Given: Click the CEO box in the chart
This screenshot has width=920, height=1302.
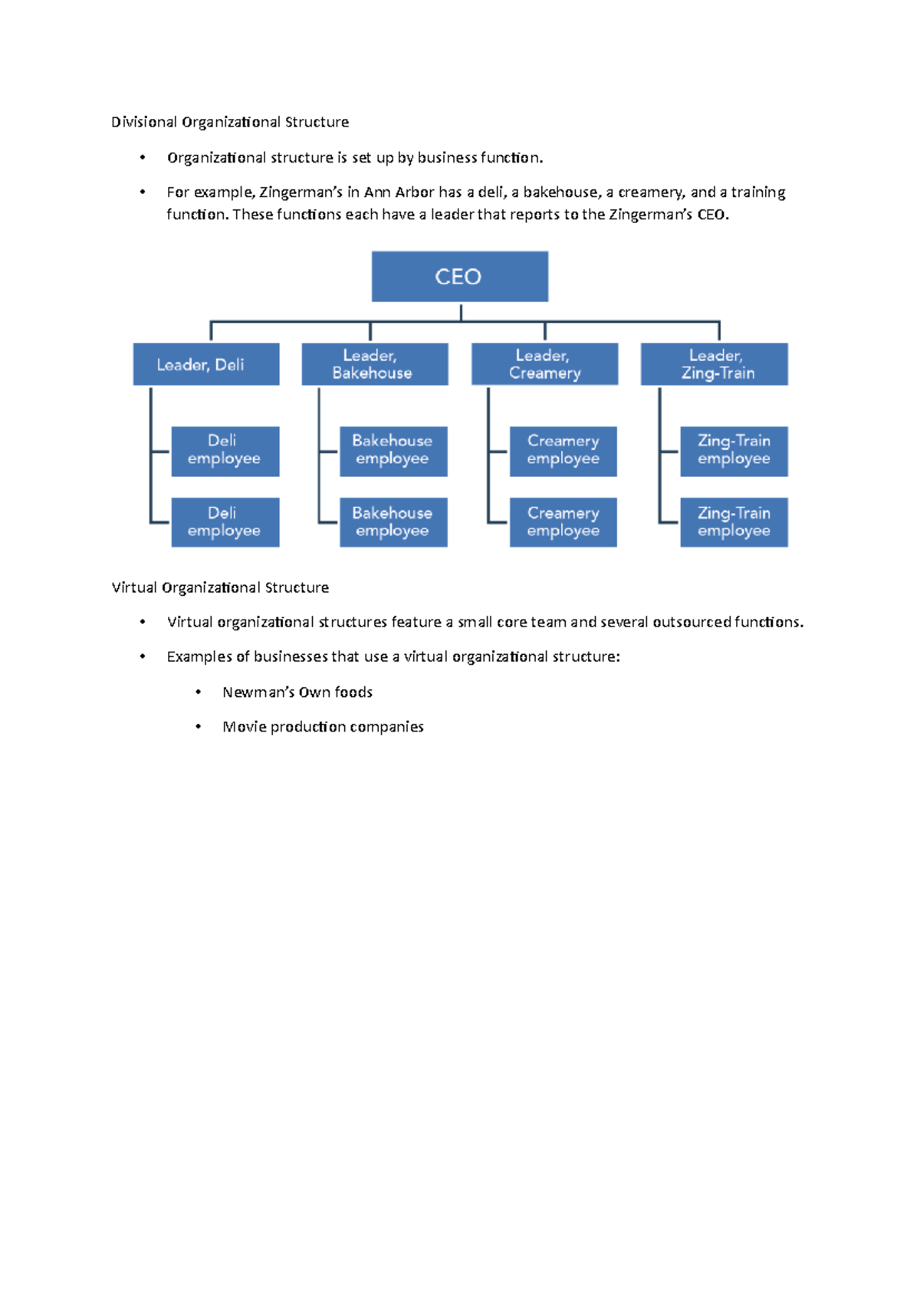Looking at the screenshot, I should (459, 276).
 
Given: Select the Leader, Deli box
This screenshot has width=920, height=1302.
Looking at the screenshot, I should (205, 364).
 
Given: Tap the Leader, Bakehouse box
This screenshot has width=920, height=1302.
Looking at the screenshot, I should (374, 364).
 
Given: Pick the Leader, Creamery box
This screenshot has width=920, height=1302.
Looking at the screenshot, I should (544, 364).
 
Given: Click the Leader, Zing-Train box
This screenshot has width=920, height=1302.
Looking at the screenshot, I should (714, 364).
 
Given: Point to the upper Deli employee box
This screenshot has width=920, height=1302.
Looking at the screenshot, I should (225, 451).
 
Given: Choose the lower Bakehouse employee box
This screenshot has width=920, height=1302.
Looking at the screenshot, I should (393, 522).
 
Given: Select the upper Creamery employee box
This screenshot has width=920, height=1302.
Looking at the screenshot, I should (563, 451).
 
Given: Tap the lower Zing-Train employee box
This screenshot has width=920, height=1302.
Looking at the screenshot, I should (734, 522).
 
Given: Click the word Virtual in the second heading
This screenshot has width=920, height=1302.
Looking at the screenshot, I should (134, 587).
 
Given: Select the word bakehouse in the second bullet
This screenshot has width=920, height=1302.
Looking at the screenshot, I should (560, 192).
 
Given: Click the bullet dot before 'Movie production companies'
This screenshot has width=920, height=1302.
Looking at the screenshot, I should (199, 727).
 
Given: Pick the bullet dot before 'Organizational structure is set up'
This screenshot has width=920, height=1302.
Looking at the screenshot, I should (143, 158).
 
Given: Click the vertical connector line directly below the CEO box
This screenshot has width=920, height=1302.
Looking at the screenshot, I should (461, 311).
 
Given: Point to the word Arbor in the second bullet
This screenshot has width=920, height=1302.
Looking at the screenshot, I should (415, 192).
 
